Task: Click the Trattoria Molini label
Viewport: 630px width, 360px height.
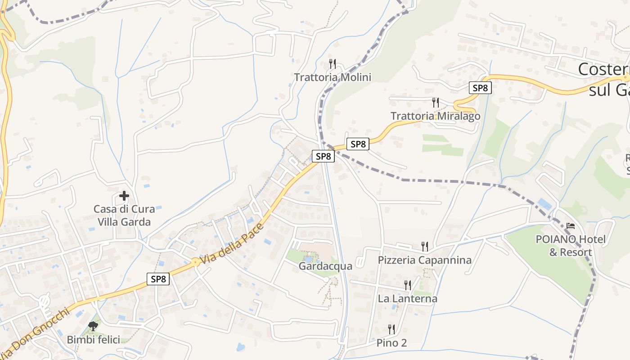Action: click(x=333, y=77)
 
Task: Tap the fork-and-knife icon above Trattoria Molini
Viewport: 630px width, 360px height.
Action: click(x=333, y=63)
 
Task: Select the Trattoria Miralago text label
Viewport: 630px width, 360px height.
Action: click(x=435, y=116)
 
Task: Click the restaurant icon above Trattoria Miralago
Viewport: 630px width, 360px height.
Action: click(x=435, y=102)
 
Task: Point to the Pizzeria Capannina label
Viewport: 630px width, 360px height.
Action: click(x=424, y=260)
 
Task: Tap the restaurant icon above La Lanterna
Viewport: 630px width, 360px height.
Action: click(x=407, y=285)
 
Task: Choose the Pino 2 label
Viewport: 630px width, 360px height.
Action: click(x=391, y=343)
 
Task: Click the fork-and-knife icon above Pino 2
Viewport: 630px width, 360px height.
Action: click(x=391, y=329)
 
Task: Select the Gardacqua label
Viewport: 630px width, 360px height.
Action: click(x=325, y=266)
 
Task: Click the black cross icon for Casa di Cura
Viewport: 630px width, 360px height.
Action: click(x=124, y=196)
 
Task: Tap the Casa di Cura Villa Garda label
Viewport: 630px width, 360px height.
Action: click(x=124, y=216)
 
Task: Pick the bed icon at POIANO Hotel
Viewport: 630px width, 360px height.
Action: click(x=571, y=226)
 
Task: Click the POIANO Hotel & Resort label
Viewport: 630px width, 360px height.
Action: click(x=571, y=246)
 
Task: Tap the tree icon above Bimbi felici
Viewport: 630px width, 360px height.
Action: click(x=94, y=326)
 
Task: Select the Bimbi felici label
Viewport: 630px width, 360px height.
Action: click(x=94, y=340)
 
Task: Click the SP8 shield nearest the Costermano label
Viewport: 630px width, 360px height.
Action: click(x=480, y=88)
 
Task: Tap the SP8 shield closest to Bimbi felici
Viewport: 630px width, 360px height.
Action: click(x=158, y=279)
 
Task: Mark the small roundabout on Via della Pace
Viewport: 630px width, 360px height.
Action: click(x=195, y=261)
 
